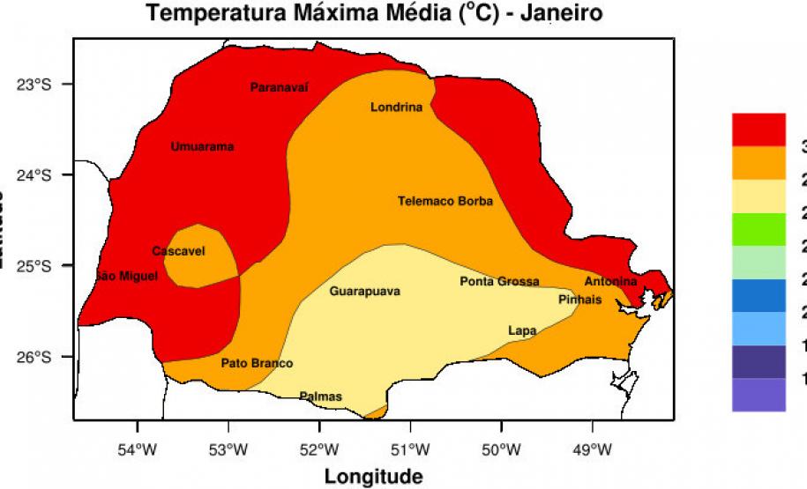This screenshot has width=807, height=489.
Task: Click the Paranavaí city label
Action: pyautogui.click(x=280, y=87)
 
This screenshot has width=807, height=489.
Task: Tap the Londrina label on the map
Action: pyautogui.click(x=396, y=107)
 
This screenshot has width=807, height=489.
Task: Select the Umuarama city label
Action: pyautogui.click(x=202, y=146)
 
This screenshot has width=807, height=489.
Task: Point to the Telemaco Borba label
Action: pyautogui.click(x=445, y=201)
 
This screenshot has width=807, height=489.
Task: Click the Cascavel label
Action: pyautogui.click(x=178, y=251)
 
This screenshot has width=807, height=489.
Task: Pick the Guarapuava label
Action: pyautogui.click(x=364, y=291)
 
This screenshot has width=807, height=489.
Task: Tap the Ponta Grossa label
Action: pyautogui.click(x=499, y=281)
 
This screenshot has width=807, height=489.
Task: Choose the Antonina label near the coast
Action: pyautogui.click(x=610, y=281)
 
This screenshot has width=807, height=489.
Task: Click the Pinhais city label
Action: pyautogui.click(x=580, y=300)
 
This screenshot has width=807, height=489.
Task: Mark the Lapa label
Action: pyautogui.click(x=522, y=330)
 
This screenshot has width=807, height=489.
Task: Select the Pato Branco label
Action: pyautogui.click(x=257, y=363)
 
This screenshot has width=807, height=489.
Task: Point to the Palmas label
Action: pyautogui.click(x=320, y=396)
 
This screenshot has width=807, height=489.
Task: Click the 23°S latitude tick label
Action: pyautogui.click(x=37, y=85)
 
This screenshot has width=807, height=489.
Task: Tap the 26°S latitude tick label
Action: pyautogui.click(x=37, y=357)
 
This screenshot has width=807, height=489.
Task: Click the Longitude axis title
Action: pyautogui.click(x=373, y=477)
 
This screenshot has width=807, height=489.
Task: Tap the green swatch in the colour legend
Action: pyautogui.click(x=758, y=230)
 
